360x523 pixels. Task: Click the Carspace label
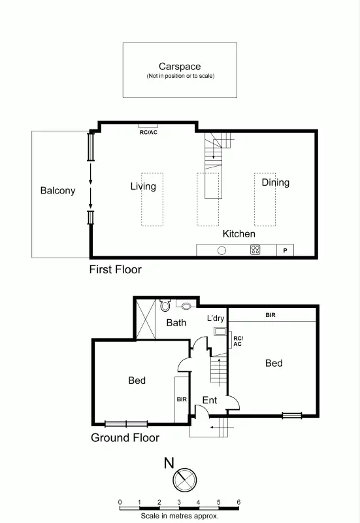tap(180, 67)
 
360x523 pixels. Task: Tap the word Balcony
tap(57, 192)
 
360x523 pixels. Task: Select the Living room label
tap(143, 186)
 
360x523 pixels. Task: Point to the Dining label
tap(275, 182)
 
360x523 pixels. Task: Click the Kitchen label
tap(238, 233)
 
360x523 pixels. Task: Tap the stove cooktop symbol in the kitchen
tap(255, 250)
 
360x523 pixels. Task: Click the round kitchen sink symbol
tap(222, 250)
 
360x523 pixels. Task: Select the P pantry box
tap(286, 250)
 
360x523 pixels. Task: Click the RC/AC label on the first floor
tap(148, 132)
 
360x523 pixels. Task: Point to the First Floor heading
tap(116, 269)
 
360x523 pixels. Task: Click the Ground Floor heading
tap(124, 437)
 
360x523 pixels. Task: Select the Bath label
tap(176, 322)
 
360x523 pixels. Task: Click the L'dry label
tap(216, 318)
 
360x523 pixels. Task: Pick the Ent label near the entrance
tap(209, 400)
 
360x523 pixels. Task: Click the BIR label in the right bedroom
tap(270, 315)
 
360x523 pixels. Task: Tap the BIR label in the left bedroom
tap(181, 399)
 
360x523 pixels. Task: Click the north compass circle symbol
tap(184, 480)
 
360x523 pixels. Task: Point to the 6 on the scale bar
tap(238, 502)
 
